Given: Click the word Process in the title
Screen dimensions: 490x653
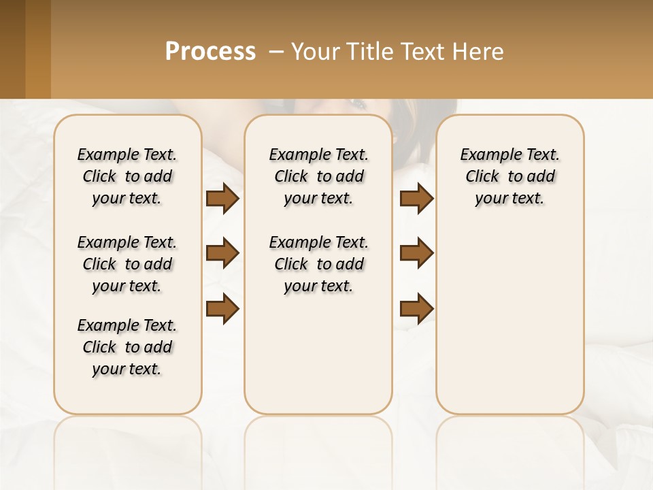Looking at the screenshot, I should [x=210, y=51].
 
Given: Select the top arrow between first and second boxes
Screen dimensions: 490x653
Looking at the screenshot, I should [x=222, y=198].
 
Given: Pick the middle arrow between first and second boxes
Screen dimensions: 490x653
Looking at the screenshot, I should [x=222, y=253].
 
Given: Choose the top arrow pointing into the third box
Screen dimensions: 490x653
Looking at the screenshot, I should [x=416, y=198].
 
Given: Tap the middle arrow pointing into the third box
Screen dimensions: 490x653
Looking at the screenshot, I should [x=416, y=253].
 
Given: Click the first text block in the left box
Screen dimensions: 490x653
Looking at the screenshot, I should [x=127, y=176].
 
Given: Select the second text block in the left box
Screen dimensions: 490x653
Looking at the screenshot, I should [x=127, y=264].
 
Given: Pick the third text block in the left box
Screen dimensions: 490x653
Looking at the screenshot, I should [x=127, y=347].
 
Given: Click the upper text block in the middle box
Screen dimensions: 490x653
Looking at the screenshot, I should [x=318, y=176].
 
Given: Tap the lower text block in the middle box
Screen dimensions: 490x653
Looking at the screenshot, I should [x=318, y=264].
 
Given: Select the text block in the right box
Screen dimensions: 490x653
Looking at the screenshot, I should [x=509, y=176].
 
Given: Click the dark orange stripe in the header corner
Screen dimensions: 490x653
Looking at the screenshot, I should [x=38, y=49].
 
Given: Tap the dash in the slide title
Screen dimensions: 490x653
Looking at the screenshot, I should [x=276, y=51].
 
